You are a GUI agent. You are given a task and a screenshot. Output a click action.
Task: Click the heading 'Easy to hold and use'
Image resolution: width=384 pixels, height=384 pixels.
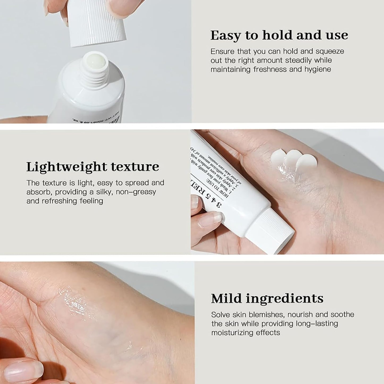pyautogui.click(x=279, y=35)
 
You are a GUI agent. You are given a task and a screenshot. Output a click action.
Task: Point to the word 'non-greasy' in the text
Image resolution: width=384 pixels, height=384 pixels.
pyautogui.click(x=136, y=192)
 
